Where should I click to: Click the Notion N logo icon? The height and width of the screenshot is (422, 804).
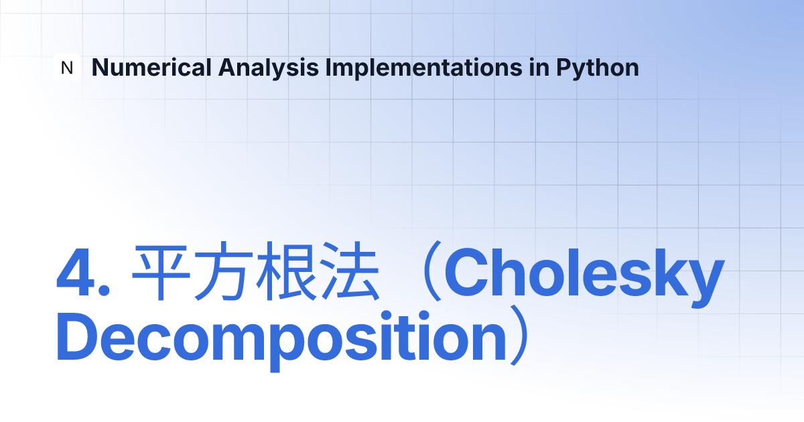tap(67, 67)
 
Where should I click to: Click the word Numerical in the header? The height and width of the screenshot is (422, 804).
tap(151, 68)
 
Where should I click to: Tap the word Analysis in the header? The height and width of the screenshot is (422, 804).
tap(268, 68)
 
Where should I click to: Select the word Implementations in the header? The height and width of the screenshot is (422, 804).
tap(423, 68)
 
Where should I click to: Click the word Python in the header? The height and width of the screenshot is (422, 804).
tap(598, 68)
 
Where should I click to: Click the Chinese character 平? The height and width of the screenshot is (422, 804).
tap(161, 272)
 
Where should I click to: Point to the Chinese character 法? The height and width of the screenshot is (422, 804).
tap(350, 271)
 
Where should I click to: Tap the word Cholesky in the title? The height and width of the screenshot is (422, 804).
tap(584, 276)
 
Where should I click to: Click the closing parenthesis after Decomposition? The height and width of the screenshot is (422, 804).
tap(519, 335)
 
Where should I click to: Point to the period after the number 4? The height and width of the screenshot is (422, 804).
tap(104, 290)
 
